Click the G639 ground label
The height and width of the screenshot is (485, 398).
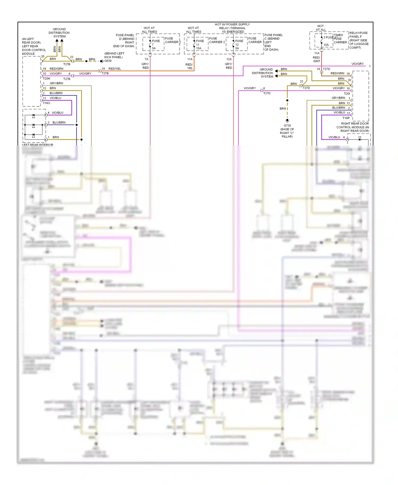[x=108, y=61]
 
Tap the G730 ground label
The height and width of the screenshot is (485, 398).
[x=287, y=125]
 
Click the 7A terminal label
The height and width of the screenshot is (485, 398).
[x=146, y=59]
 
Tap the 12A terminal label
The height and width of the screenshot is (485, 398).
[x=229, y=59]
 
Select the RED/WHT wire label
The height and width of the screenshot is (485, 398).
[x=317, y=59]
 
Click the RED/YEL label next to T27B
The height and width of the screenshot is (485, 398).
[x=115, y=69]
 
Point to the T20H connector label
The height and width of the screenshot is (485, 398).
[x=46, y=79]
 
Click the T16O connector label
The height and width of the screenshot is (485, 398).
[x=46, y=103]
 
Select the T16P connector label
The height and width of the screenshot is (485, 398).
[x=346, y=118]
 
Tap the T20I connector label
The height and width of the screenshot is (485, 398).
[x=347, y=93]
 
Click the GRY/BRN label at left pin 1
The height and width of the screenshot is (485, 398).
[x=56, y=83]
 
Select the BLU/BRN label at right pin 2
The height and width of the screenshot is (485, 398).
[x=339, y=108]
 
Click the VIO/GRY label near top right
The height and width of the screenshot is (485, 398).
[x=357, y=64]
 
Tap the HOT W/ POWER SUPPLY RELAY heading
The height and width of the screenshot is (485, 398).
[x=232, y=28]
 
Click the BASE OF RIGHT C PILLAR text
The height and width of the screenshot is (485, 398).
[x=287, y=133]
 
